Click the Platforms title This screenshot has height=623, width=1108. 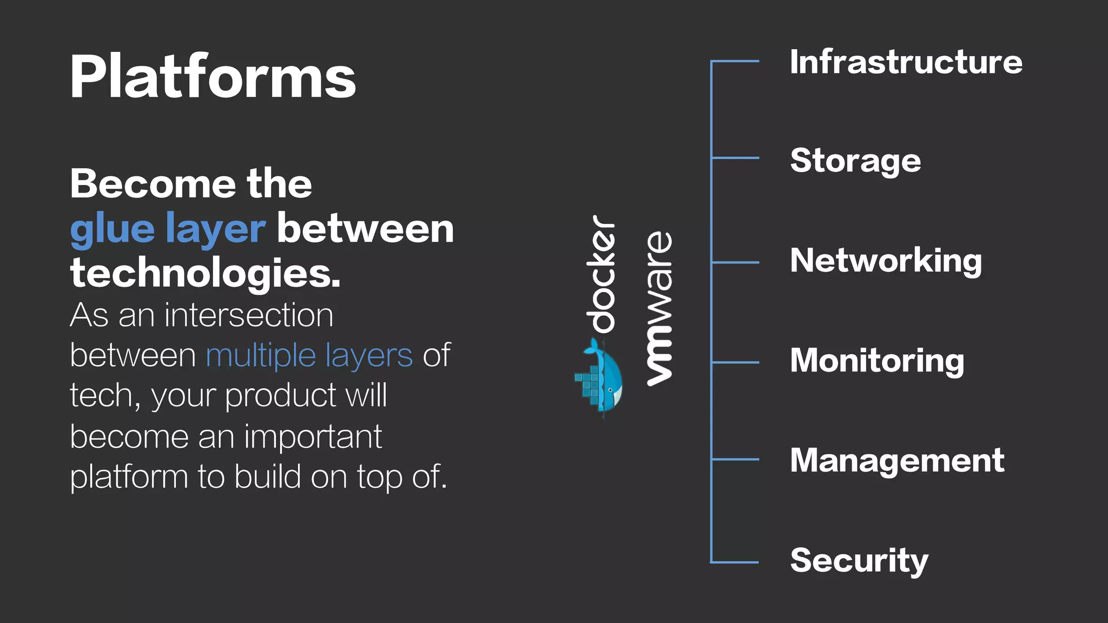pyautogui.click(x=213, y=77)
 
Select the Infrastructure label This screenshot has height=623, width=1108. pyautogui.click(x=906, y=62)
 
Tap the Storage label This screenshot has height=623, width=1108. pyautogui.click(x=855, y=161)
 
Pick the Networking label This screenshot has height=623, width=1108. pyautogui.click(x=886, y=261)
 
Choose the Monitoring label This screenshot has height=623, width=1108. pyautogui.click(x=877, y=361)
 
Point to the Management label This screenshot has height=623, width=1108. pyautogui.click(x=897, y=461)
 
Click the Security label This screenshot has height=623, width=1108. pyautogui.click(x=859, y=561)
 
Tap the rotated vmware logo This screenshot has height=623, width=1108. pyautogui.click(x=660, y=308)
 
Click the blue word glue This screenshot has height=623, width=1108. pyautogui.click(x=113, y=230)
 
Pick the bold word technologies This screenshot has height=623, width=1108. pyautogui.click(x=205, y=273)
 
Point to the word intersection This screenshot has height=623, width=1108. pyautogui.click(x=249, y=315)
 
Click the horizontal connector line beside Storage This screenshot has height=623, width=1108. pyautogui.click(x=735, y=158)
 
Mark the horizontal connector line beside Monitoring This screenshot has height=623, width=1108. pyautogui.click(x=735, y=362)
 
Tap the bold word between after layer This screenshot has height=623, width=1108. pyautogui.click(x=365, y=229)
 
